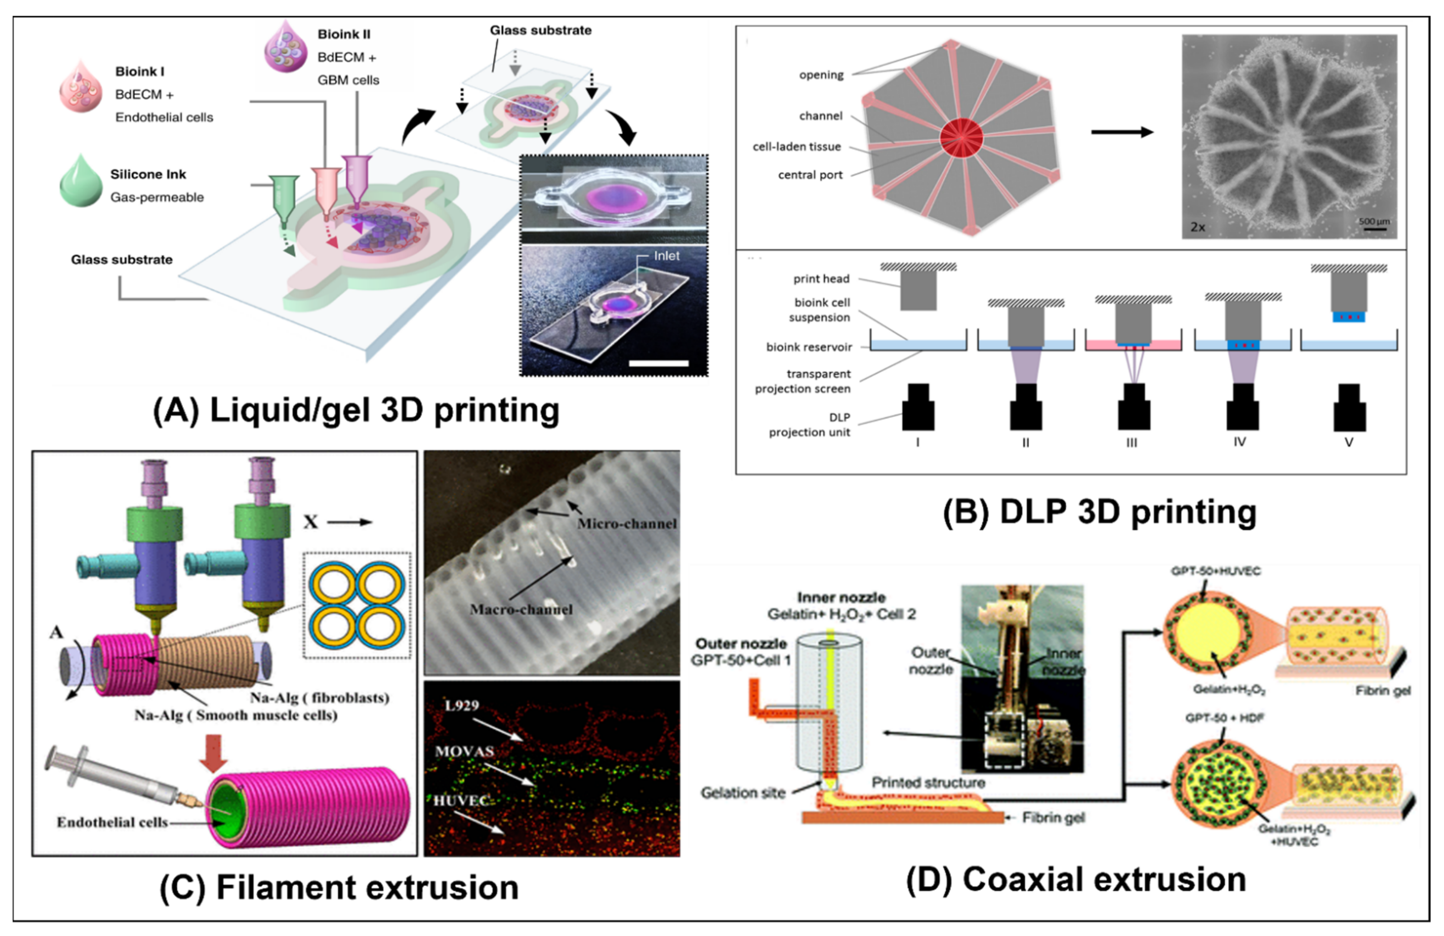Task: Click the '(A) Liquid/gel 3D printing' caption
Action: [x=356, y=411]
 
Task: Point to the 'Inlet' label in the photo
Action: [x=666, y=256]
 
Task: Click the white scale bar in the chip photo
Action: [x=658, y=363]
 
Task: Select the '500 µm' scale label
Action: [x=1374, y=221]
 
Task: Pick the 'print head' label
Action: [x=821, y=278]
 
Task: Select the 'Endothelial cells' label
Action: [x=112, y=822]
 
